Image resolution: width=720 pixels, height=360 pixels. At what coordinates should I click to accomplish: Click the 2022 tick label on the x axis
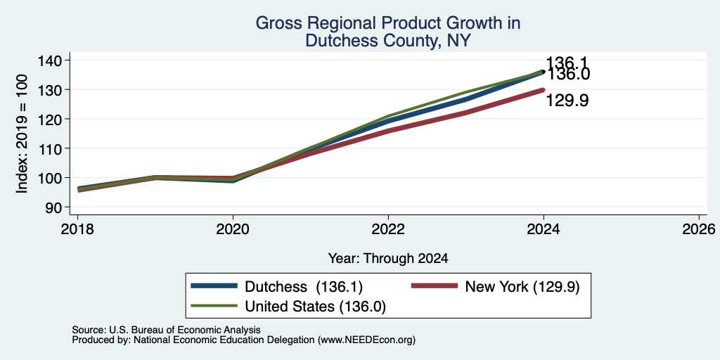388,229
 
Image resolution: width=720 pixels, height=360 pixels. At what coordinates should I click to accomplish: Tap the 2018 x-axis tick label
77,229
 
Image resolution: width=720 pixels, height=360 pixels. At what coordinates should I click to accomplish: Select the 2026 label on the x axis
699,229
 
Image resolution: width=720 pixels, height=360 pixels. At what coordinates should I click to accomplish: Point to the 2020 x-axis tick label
233,229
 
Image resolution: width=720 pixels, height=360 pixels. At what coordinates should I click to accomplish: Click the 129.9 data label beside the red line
567,101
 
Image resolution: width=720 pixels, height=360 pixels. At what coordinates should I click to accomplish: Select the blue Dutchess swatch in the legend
214,286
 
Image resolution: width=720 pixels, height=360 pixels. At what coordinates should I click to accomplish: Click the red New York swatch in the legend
435,286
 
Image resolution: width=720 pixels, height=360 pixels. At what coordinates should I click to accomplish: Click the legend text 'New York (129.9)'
522,287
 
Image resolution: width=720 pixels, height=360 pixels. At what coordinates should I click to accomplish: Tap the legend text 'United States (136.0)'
316,307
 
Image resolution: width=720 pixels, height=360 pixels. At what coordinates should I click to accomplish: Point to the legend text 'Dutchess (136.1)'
304,287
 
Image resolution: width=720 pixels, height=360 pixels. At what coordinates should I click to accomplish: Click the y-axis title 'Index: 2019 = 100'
22,134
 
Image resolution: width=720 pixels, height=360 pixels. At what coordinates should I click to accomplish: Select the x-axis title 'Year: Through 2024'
388,259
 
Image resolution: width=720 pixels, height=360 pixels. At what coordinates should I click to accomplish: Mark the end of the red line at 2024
544,89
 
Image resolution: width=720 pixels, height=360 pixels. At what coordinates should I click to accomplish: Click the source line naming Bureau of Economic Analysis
166,330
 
